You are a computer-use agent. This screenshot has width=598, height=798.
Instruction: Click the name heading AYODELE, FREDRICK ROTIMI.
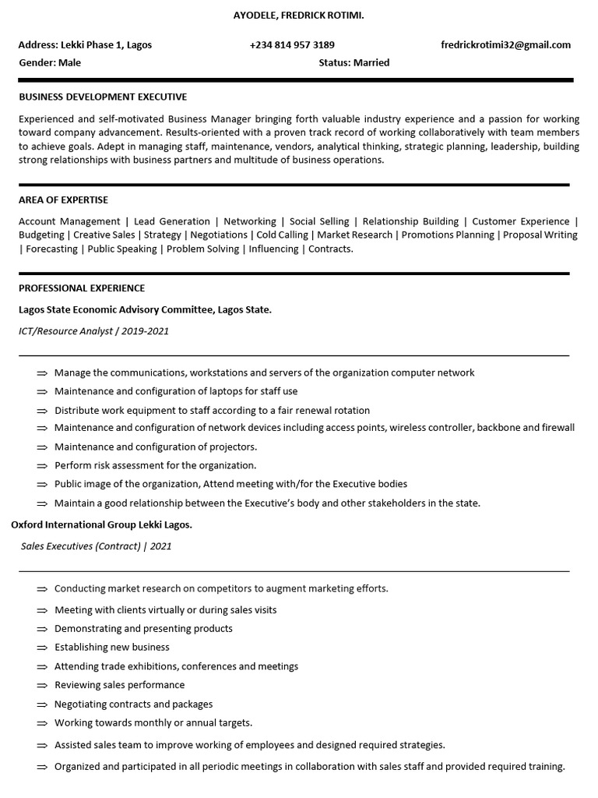[x=298, y=16]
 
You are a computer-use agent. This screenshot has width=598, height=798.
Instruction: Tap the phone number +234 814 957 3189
[x=292, y=44]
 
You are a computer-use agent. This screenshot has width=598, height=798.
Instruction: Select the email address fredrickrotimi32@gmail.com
[x=505, y=44]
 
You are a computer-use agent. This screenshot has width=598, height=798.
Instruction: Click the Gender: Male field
[x=50, y=62]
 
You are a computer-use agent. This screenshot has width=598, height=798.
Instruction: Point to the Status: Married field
[x=354, y=62]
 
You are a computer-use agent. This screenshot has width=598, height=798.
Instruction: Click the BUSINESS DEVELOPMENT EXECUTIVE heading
[x=103, y=97]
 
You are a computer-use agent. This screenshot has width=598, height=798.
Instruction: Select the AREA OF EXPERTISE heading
[x=63, y=199]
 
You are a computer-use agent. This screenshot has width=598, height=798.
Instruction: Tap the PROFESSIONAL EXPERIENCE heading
[x=82, y=288]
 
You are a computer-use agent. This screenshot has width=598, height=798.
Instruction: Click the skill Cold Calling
[x=282, y=235]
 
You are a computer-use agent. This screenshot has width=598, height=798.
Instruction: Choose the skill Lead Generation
[x=172, y=221]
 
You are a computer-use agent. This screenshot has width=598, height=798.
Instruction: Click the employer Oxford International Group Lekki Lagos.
[x=101, y=524]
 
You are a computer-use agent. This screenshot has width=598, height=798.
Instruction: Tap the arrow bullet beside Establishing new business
[x=42, y=648]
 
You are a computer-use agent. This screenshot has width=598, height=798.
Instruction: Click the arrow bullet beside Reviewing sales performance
[x=42, y=686]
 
